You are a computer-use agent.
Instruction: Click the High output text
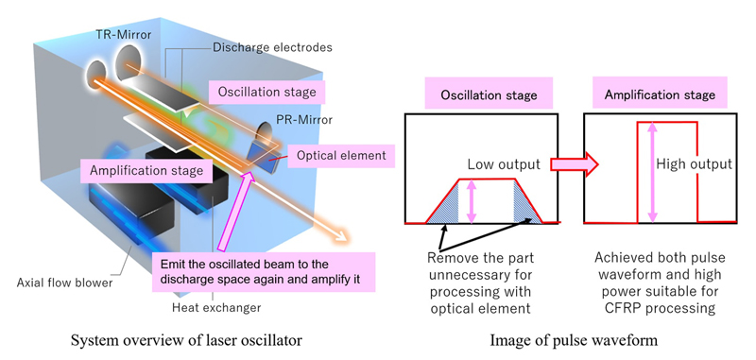pos(694,163)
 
